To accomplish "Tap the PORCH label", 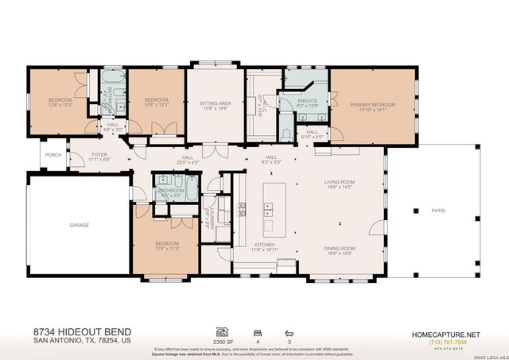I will pyautogui.click(x=53, y=155).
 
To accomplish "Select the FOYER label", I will pyautogui.click(x=99, y=154).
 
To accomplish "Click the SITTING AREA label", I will pyautogui.click(x=215, y=103).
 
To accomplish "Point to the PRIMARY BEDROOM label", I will pyautogui.click(x=373, y=105).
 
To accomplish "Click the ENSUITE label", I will pyautogui.click(x=307, y=101).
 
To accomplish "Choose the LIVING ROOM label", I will pyautogui.click(x=339, y=183).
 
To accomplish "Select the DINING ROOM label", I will pyautogui.click(x=339, y=248).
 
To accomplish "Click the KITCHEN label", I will pyautogui.click(x=264, y=244).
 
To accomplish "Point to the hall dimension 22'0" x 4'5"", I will pyautogui.click(x=188, y=163).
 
